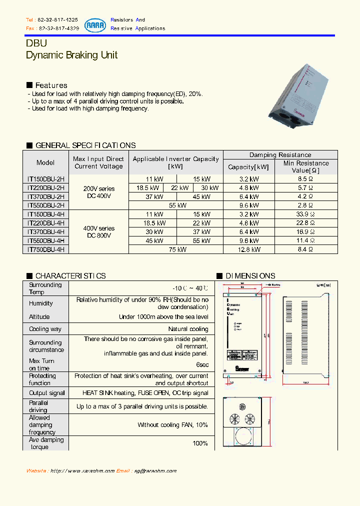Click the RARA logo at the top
click(95, 24)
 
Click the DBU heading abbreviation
click(36, 43)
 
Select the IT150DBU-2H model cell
click(45, 179)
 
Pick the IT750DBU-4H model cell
click(45, 249)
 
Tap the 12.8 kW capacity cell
click(248, 249)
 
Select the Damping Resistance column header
click(280, 155)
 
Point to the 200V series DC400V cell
click(98, 192)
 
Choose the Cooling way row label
click(45, 329)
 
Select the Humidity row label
click(40, 303)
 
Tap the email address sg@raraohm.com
click(155, 471)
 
